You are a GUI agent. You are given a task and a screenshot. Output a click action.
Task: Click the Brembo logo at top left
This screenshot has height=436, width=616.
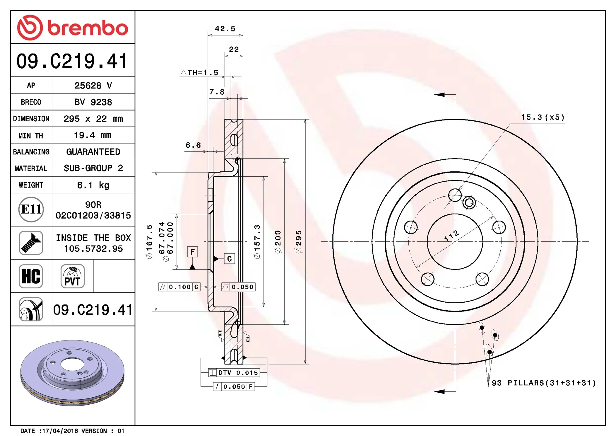pyautogui.click(x=72, y=28)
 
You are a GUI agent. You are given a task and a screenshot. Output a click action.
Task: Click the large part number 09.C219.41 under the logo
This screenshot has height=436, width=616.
pyautogui.click(x=72, y=61)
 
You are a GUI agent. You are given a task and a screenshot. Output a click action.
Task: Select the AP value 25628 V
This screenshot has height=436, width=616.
pyautogui.click(x=93, y=86)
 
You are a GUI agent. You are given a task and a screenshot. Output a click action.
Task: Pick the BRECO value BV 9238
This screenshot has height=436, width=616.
pyautogui.click(x=93, y=102)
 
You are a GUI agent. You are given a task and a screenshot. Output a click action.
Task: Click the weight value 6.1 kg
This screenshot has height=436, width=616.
pyautogui.click(x=93, y=185)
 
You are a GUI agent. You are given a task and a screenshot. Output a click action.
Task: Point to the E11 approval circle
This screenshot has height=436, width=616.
pyautogui.click(x=31, y=210)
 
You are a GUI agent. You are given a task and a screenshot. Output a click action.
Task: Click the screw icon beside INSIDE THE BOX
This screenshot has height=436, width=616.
pyautogui.click(x=31, y=243)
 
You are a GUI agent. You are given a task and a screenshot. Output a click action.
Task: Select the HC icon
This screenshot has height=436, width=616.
pyautogui.click(x=31, y=276)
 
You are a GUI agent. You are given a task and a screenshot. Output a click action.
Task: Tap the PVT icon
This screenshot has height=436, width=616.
pyautogui.click(x=72, y=276)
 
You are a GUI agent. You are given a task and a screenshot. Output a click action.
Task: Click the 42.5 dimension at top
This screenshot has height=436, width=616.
pyautogui.click(x=225, y=29)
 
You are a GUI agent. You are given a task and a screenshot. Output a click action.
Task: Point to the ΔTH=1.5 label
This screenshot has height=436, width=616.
pyautogui.click(x=200, y=73)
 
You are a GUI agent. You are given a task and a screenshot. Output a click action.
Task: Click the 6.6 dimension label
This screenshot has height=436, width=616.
pyautogui.click(x=193, y=145)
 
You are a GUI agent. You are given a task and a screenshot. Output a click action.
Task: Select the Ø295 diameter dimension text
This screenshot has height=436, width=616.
pyautogui.click(x=298, y=242)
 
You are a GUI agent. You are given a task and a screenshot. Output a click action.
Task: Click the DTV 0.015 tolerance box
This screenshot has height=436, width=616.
pyautogui.click(x=234, y=373)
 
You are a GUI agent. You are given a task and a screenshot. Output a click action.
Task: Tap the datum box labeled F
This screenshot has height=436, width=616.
pyautogui.click(x=192, y=252)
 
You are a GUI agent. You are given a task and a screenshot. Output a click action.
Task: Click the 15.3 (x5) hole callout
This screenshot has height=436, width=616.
pyautogui.click(x=543, y=117)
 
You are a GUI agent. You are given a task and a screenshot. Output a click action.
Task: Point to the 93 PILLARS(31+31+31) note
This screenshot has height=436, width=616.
pyautogui.click(x=544, y=383)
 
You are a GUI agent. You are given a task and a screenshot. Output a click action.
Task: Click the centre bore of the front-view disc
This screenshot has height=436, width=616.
pyautogui.click(x=455, y=241)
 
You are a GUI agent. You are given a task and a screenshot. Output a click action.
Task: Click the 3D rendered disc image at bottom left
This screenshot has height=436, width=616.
pyautogui.click(x=72, y=373)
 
